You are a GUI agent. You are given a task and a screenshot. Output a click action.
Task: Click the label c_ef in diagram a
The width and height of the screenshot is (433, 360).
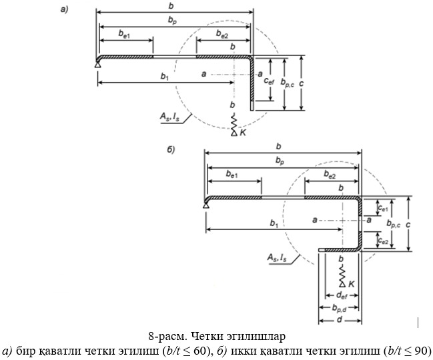(x=268, y=81)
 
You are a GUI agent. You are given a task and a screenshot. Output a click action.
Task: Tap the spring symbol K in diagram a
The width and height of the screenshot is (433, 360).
(x=234, y=125)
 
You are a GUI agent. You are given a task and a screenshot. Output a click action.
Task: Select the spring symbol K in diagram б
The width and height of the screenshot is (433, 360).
(x=342, y=275)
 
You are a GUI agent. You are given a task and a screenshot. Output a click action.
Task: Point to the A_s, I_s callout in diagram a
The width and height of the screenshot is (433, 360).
(x=169, y=117)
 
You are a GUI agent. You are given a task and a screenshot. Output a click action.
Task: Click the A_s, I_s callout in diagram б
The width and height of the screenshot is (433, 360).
(x=277, y=257)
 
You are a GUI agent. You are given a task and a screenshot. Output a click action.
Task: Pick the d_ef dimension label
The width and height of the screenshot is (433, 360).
(x=342, y=296)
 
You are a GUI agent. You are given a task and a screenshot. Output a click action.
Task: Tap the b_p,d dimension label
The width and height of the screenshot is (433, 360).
(x=339, y=308)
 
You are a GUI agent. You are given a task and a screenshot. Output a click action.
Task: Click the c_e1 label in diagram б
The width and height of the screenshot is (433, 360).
(x=383, y=209)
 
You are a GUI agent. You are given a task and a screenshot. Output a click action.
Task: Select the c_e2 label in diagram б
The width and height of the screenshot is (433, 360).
(x=383, y=241)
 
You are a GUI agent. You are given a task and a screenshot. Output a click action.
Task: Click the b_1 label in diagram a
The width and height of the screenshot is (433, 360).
(x=165, y=77)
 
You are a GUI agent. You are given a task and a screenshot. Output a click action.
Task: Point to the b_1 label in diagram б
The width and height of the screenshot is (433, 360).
(x=274, y=223)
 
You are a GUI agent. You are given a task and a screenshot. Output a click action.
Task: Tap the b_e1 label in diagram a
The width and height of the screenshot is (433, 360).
(x=124, y=33)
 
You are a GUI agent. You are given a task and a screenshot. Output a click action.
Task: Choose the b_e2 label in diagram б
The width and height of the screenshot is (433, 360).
(x=330, y=175)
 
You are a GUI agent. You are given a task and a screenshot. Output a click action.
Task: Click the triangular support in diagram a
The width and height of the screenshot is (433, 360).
(x=97, y=65)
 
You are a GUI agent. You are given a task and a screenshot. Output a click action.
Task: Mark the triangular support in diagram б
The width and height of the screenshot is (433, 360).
(x=205, y=205)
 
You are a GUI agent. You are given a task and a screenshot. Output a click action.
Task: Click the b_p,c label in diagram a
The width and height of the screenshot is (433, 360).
(x=288, y=83)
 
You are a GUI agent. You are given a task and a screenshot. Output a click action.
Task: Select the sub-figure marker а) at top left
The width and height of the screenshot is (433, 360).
(x=64, y=9)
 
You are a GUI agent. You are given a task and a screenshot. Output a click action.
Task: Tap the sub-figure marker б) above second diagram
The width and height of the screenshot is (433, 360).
(x=171, y=149)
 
